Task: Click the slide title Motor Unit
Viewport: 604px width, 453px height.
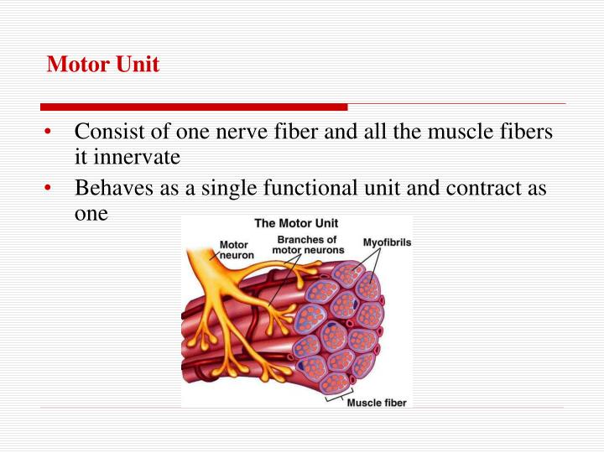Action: point(102,65)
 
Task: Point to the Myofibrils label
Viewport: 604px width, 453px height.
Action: point(387,242)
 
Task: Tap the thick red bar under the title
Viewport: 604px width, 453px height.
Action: point(194,107)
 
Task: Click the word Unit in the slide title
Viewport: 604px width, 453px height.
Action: point(136,65)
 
